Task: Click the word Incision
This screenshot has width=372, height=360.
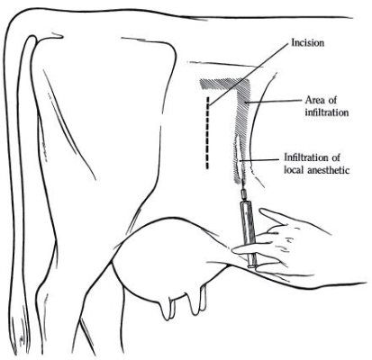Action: tap(308, 43)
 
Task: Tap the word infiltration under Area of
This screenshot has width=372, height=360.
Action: tap(327, 112)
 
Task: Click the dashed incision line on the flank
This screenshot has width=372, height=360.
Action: tap(207, 133)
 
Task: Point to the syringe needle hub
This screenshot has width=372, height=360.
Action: tap(242, 195)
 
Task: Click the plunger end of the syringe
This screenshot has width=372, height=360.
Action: tap(252, 265)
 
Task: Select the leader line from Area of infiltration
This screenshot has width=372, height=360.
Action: tap(272, 102)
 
